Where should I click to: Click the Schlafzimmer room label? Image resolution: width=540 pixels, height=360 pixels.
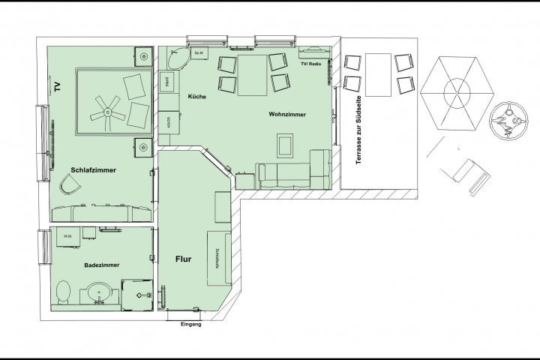pos(93,169)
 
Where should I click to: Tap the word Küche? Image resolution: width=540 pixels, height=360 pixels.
pos(196,97)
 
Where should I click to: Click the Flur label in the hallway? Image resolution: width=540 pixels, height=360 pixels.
pos(183,259)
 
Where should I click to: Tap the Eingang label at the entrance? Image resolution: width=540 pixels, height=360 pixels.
pos(191,324)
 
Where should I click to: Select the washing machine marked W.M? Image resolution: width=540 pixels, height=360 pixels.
pos(68,237)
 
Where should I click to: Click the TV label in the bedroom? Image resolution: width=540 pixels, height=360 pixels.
pos(57,85)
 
